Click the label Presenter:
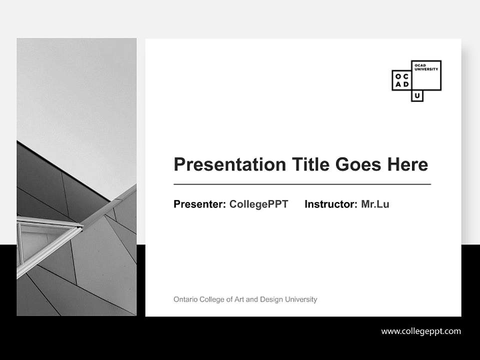coord(199,204)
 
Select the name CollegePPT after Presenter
coord(258,204)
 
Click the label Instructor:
coord(330,204)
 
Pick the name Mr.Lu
coord(375,204)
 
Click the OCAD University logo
coord(416,80)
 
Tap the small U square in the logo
coord(417,96)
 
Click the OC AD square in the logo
coord(402,80)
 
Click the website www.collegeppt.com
coord(421,331)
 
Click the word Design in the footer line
coord(271,299)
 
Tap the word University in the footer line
coord(301,299)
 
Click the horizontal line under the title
coord(302,184)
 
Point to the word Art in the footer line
coord(239,299)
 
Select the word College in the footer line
coord(212,299)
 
